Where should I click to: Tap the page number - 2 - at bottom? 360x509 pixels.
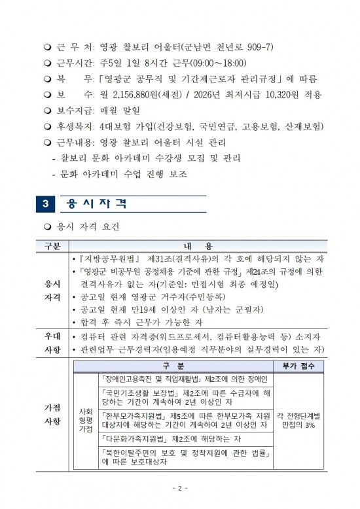(180, 488)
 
